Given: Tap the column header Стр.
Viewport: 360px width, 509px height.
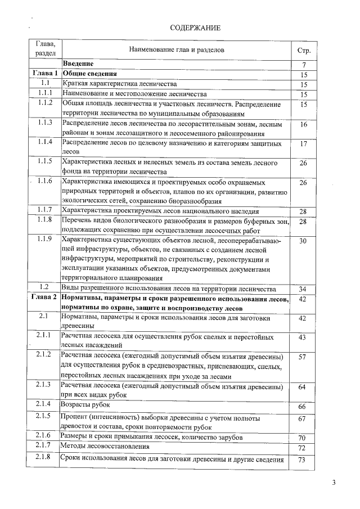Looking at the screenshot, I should click(303, 50).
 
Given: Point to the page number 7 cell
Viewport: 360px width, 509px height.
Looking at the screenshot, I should click(303, 65).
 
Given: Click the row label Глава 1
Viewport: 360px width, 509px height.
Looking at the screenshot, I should click(45, 74).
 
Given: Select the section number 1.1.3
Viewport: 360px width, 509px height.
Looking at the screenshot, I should click(45, 123).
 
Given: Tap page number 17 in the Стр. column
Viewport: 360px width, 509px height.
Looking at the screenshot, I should click(303, 144).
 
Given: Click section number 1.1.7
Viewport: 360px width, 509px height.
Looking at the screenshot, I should click(45, 210).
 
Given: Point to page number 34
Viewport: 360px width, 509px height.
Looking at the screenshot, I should click(303, 289).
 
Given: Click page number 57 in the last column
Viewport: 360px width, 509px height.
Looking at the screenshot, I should click(303, 357).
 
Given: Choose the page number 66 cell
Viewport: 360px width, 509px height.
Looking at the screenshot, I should click(303, 406).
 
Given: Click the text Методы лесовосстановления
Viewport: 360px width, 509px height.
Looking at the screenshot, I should click(106, 447).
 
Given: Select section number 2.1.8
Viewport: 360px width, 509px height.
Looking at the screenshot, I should click(45, 458).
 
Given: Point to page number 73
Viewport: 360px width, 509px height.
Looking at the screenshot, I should click(303, 460).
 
